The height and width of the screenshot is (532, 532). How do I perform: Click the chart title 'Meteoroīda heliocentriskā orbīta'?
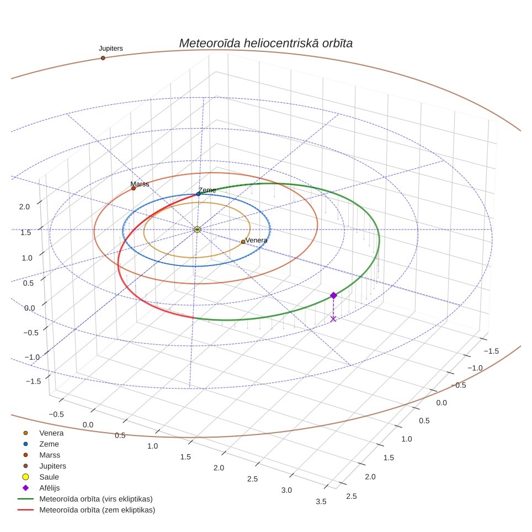pos(265,44)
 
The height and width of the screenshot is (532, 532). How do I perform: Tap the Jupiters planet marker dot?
pos(103,58)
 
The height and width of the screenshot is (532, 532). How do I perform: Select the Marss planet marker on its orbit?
pos(134,188)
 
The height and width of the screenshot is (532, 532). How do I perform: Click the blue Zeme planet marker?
pos(199,194)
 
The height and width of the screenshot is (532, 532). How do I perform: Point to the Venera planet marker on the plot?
pos(243,242)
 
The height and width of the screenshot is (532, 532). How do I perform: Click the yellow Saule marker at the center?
pos(197,230)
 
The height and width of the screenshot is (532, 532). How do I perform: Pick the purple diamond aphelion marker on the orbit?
pos(333,295)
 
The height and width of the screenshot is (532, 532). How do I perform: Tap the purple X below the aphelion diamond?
pos(333,319)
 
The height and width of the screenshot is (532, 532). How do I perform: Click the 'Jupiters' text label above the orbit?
pos(110,49)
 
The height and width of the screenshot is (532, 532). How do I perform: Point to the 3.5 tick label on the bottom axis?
pos(321,502)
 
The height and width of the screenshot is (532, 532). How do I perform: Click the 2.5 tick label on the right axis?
pos(352,496)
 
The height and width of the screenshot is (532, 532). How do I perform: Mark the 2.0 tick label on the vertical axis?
pos(24,206)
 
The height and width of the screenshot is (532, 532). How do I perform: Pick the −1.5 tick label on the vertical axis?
pos(33,381)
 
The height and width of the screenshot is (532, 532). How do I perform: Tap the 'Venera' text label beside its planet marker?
pos(256,240)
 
